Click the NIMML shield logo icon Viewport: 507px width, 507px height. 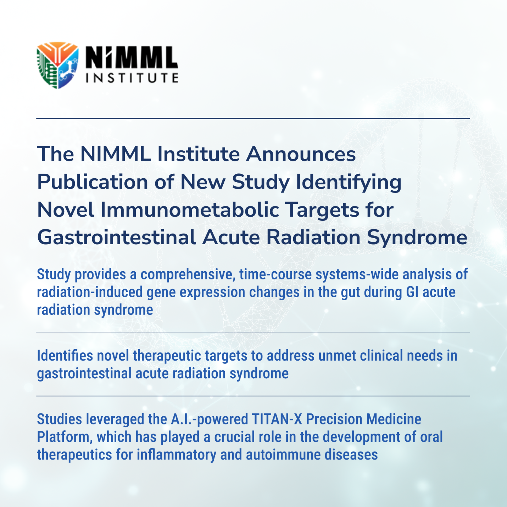pos(58,65)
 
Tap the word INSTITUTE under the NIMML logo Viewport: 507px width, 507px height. pos(132,78)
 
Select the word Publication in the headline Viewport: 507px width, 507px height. pos(93,182)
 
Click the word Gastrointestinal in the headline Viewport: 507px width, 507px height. pos(117,238)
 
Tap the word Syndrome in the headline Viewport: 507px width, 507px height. pos(417,238)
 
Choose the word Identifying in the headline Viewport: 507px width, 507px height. pos(349,183)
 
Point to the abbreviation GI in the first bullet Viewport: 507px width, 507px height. pos(412,292)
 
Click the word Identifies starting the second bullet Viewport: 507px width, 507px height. pos(65,356)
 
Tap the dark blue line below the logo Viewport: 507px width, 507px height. pos(253,118)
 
